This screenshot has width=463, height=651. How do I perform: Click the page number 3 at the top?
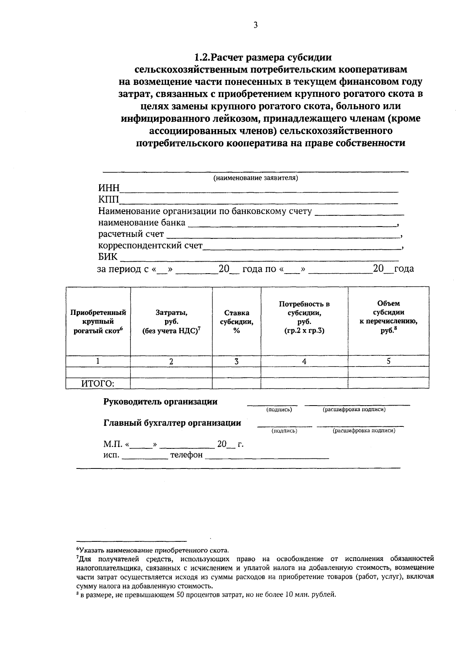(255, 25)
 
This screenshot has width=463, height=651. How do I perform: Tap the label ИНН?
(109, 188)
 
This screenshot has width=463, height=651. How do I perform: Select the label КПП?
(108, 200)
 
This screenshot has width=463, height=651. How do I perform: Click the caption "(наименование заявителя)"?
(256, 178)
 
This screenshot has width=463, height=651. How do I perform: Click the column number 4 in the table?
(304, 362)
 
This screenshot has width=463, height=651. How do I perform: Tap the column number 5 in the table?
(389, 361)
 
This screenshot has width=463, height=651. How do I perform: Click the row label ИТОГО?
(98, 384)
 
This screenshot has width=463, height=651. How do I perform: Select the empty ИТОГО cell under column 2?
(171, 384)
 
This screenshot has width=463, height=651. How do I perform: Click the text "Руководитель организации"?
(161, 402)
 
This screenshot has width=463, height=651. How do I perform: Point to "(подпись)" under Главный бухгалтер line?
(284, 431)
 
